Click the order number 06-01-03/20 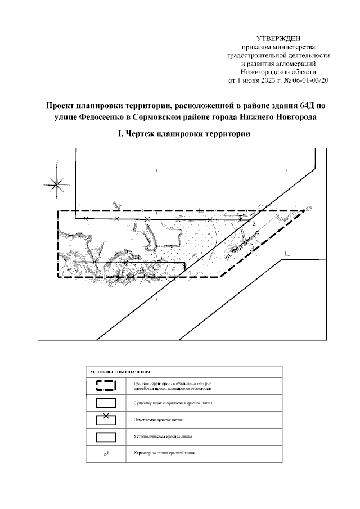click(x=309, y=80)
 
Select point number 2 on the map click(x=254, y=224)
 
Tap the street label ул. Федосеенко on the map click(x=241, y=247)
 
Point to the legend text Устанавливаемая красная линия click(x=160, y=436)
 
